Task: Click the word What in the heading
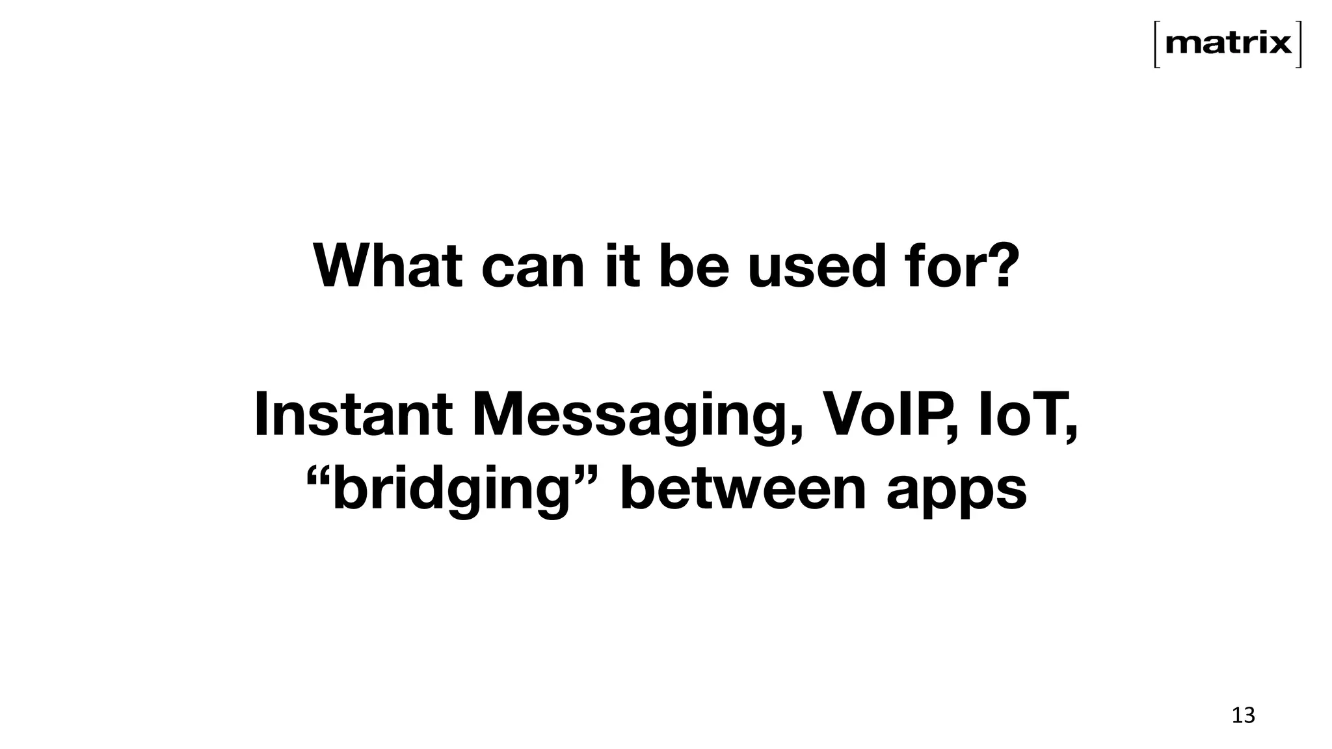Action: pos(388,266)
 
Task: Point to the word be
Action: pos(694,266)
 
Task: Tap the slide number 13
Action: pos(1243,716)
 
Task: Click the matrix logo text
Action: pos(1228,44)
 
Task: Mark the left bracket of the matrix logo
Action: pos(1157,44)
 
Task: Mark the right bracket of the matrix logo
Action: pos(1298,44)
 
